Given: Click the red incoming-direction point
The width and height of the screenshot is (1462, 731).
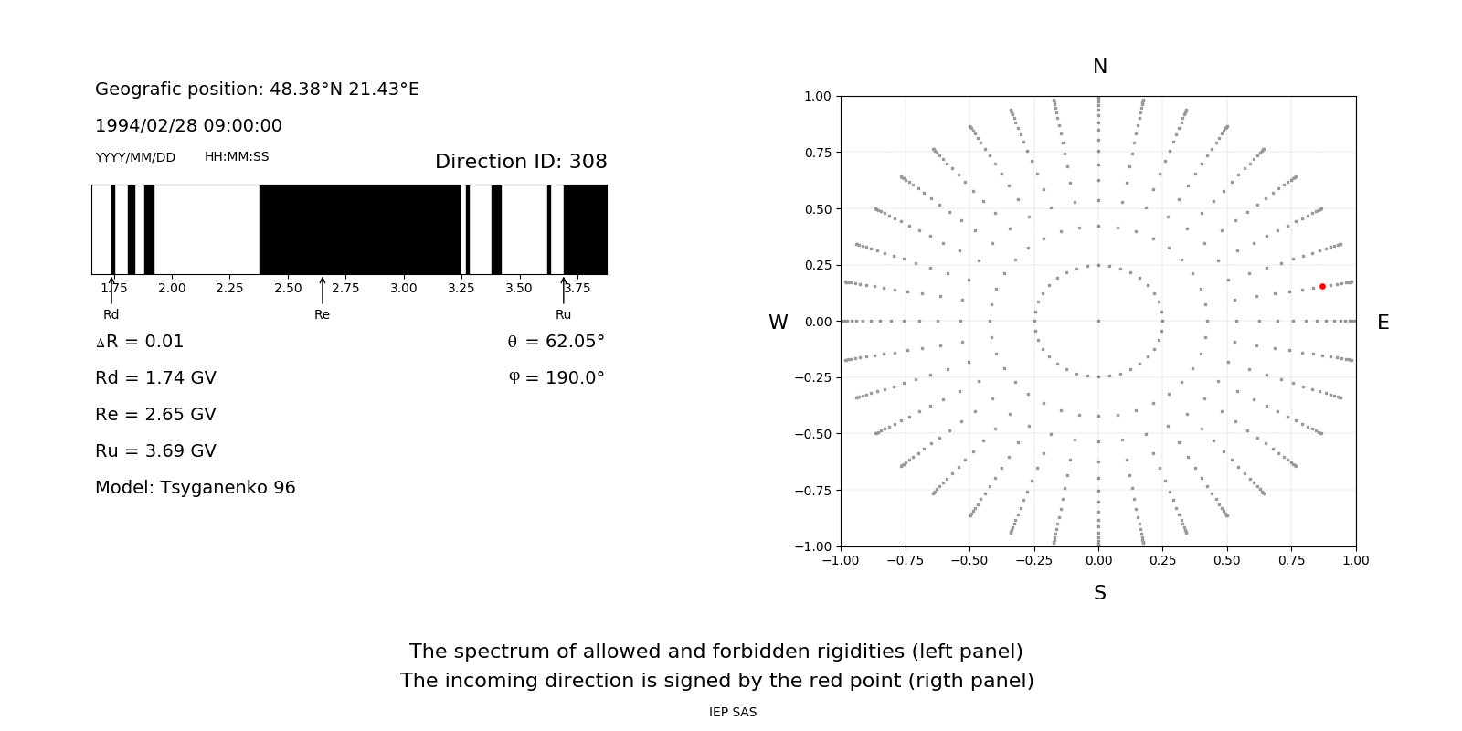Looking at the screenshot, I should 1322,287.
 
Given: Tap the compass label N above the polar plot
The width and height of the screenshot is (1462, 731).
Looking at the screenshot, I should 1100,67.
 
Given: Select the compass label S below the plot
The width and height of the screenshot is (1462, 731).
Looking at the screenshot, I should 1100,593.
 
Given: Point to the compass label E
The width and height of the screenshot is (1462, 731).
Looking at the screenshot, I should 1383,323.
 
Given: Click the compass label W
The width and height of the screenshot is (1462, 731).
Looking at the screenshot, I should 778,323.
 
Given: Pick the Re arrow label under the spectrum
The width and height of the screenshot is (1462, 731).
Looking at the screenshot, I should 322,314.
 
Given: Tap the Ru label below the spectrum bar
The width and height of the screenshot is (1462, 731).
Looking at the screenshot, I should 563,314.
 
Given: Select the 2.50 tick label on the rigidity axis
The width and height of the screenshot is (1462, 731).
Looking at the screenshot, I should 288,288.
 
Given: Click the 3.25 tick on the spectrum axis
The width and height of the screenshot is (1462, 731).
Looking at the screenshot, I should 461,288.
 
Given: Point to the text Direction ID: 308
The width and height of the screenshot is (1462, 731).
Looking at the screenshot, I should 521,162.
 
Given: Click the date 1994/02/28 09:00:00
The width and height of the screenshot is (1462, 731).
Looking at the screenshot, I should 188,126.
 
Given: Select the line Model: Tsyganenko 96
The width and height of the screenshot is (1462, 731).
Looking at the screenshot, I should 196,488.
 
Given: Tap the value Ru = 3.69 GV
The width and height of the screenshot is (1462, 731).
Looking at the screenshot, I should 155,451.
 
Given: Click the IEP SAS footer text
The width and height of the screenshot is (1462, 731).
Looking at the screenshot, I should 733,712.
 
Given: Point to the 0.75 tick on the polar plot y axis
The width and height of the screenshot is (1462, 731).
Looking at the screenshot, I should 818,153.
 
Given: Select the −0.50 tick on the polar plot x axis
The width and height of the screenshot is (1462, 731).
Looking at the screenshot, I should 969,560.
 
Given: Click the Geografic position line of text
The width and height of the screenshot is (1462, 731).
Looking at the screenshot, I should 257,90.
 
